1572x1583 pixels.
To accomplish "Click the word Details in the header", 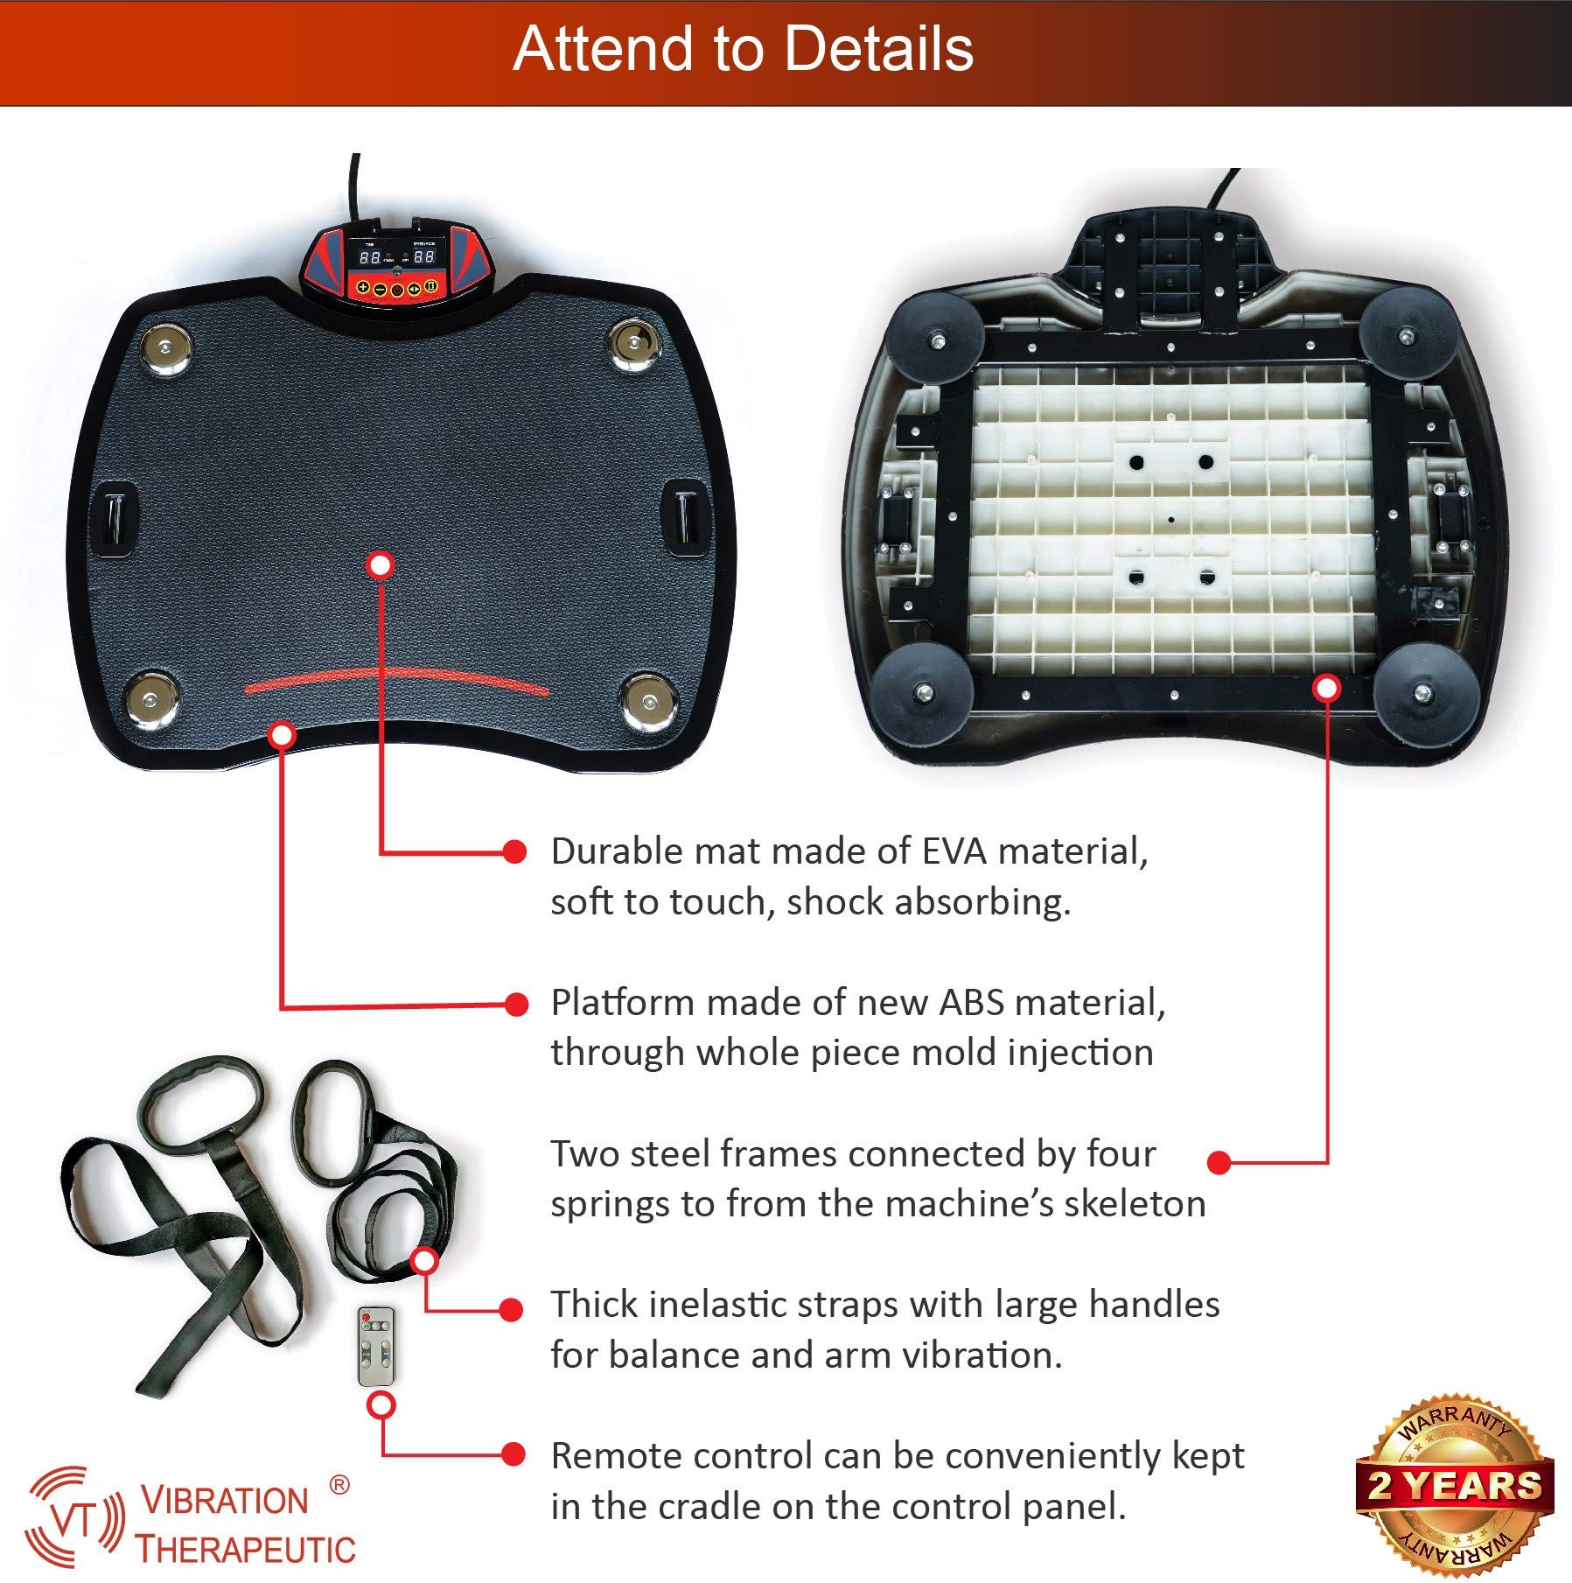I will point(878,49).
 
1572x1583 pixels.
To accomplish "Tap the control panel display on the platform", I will point(396,257).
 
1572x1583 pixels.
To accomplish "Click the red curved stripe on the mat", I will point(397,680).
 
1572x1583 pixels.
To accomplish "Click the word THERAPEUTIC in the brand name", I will point(246,1550).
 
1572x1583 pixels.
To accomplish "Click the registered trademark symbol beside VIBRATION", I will point(339,1485).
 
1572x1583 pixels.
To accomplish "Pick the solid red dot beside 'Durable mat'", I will point(515,851).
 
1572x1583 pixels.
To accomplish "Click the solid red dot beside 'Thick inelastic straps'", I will point(511,1309).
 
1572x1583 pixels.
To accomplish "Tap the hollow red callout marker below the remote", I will point(381,1405).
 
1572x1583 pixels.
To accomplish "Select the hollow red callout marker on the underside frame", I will point(1327,688).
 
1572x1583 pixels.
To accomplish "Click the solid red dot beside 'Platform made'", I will point(516,1004).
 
